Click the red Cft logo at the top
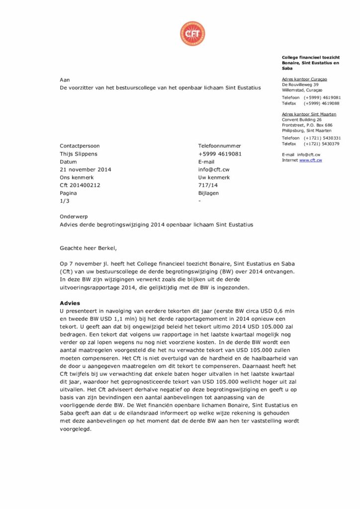pos(192,34)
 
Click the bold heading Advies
pos(70,303)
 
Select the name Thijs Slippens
pos(79,154)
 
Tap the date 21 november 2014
pos(86,170)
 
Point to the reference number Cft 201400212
pos(80,185)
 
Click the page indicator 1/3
pos(65,201)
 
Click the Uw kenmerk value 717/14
pos(208,185)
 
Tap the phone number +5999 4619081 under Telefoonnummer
pos(220,154)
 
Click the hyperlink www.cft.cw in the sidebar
pos(310,160)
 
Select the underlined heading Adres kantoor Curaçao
pos(304,79)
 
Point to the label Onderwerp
pos(74,217)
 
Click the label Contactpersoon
pos(80,146)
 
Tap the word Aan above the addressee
pos(65,80)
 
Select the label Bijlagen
pos(208,193)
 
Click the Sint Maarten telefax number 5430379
pos(329,144)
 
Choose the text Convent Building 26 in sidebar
pos(302,120)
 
